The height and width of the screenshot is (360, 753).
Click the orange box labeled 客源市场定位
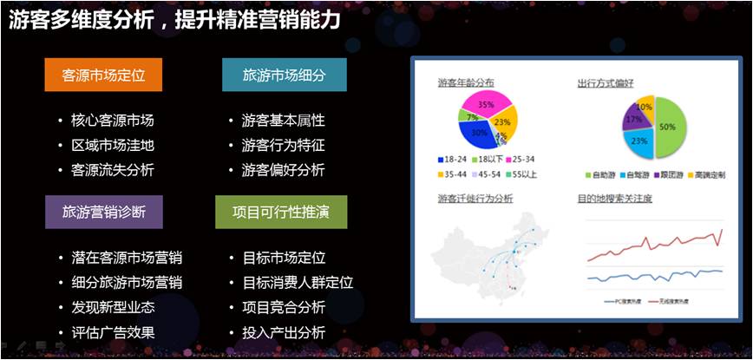[104, 75]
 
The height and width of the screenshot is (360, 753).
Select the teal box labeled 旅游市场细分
[284, 75]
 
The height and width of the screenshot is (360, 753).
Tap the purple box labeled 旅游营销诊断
[104, 212]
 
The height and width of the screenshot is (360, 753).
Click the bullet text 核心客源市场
[112, 121]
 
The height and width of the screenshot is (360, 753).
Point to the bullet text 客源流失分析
[112, 170]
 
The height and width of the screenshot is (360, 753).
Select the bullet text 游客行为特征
[283, 145]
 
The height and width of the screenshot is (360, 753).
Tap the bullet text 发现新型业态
[112, 307]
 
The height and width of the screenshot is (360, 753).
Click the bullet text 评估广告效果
[112, 332]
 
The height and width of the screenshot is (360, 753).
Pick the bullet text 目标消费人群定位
[298, 283]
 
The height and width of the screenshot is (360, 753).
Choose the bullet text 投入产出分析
[283, 332]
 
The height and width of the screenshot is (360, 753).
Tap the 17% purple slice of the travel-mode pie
[635, 119]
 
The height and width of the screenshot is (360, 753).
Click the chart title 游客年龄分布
[467, 82]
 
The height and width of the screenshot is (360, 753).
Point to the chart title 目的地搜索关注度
[614, 199]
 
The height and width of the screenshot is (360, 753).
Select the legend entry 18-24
[457, 160]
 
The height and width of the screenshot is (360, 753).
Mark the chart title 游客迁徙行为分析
[475, 199]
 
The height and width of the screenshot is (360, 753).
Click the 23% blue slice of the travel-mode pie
[640, 141]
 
